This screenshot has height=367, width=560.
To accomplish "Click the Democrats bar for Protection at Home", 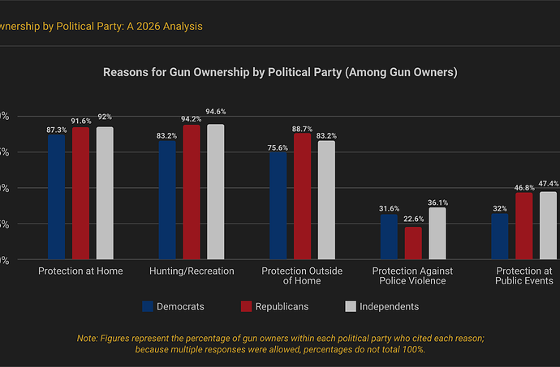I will pos(56,197).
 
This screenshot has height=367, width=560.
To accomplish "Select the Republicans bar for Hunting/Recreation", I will pos(192,192).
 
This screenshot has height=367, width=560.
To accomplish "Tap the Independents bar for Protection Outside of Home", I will pos(326,200).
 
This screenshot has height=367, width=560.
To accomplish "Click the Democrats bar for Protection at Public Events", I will pos(499,237).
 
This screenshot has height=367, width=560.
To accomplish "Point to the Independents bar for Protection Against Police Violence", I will pos(437,233).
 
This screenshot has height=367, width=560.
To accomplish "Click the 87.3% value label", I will pos(56,129).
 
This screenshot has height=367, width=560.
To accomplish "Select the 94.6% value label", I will pos(216,112).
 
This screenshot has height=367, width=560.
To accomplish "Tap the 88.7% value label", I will pos(302,129).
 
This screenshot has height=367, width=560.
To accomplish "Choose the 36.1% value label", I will pos(437,203).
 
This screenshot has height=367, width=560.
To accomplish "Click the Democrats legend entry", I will pos(173,306).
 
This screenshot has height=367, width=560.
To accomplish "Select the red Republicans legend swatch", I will pos(248,306).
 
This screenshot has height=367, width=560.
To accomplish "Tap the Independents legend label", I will pos(390,306).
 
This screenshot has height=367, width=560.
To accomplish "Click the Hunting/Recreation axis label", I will pos(192,271).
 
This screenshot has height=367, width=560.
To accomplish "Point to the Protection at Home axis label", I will pos(80,271).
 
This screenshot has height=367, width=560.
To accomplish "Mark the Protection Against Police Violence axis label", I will pos(412,275).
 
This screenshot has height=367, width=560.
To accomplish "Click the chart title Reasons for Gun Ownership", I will pos(280,72).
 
